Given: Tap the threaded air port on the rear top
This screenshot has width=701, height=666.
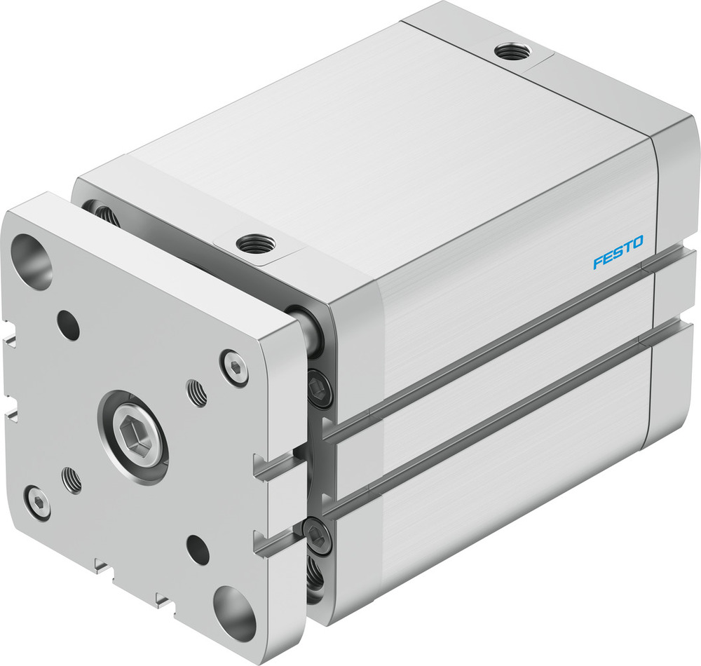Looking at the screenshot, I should click(x=512, y=51).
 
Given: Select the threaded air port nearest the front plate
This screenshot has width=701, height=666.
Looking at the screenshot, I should click(x=255, y=244).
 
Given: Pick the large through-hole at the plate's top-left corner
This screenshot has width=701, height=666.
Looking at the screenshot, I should click(x=32, y=261).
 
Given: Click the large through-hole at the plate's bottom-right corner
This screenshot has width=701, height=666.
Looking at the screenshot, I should click(x=235, y=613).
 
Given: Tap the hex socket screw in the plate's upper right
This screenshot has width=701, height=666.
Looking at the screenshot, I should click(x=234, y=367).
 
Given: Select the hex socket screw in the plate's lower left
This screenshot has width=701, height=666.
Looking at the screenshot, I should click(x=36, y=503).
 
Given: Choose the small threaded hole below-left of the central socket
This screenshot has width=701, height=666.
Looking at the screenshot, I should click(x=72, y=480).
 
